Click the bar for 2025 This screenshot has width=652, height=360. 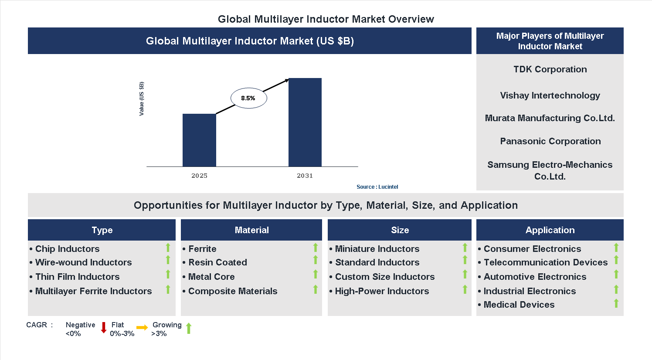pos(199,140)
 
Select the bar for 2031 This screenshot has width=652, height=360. pos(305,122)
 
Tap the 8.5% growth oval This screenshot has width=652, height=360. pos(248,98)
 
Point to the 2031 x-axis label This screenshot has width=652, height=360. pos(305,176)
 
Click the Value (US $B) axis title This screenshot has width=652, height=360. pos(141,99)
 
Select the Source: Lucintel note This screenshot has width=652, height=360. pos(377,187)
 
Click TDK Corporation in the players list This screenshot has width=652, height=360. pos(550,69)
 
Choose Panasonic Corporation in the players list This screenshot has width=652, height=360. pos(550,141)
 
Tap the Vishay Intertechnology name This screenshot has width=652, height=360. pos(550,95)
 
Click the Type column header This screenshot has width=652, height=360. pos(102,230)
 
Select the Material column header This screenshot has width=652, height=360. pos(251,230)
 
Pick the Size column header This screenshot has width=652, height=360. pos(400,230)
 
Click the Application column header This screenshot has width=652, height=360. pos(550,230)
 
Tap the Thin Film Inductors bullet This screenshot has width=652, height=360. pos(77,277)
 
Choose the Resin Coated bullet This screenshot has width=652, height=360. pos(217,262)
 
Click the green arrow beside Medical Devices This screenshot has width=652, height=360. pos(616,303)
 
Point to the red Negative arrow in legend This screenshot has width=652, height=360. pos(104,328)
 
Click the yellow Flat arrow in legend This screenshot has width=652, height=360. pos(142,328)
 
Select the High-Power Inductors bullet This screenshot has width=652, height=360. pos(382,291)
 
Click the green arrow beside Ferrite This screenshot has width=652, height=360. pos(316,248)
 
